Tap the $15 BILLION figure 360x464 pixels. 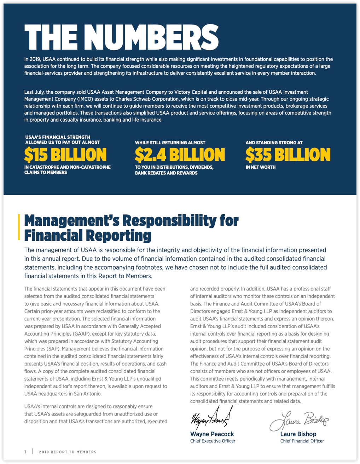coord(65,155)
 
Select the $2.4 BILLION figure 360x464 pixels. coord(180,155)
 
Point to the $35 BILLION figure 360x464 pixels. coord(288,155)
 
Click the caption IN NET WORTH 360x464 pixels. coord(260,167)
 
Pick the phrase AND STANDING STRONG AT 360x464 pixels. coord(274,143)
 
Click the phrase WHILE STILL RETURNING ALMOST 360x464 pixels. coord(170,143)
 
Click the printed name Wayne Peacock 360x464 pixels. coord(212,434)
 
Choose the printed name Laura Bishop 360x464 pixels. coord(298,434)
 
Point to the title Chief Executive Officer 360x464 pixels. coord(213,441)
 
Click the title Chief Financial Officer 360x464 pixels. coord(302,441)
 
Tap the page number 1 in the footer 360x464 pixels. coord(25,452)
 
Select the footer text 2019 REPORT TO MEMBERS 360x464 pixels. coord(68,452)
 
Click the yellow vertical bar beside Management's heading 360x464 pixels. coord(19,227)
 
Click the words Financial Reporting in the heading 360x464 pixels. coord(88,236)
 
